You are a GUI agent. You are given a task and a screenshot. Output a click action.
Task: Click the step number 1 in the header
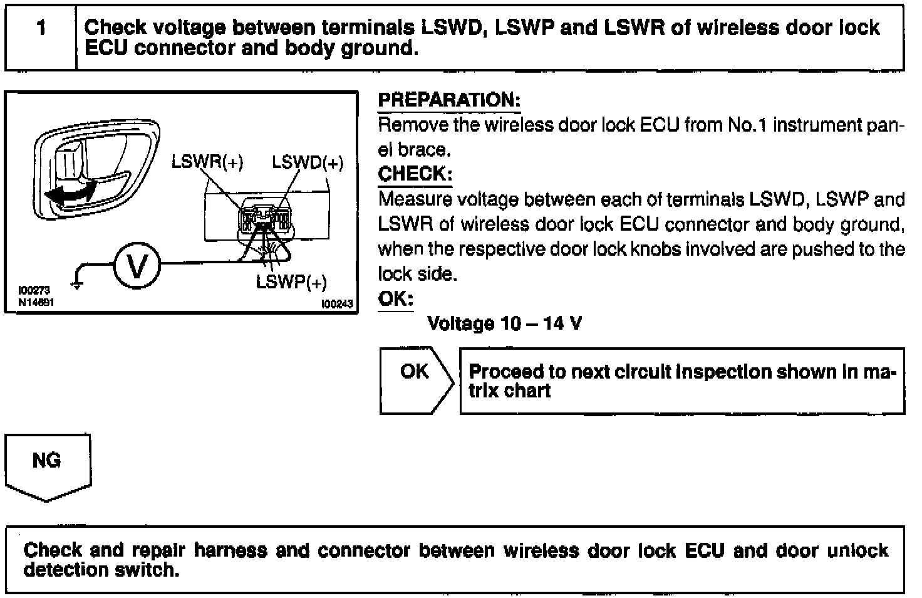(x=41, y=28)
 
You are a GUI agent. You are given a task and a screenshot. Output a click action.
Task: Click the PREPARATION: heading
(x=448, y=100)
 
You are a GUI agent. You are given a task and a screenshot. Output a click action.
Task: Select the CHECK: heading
(x=415, y=174)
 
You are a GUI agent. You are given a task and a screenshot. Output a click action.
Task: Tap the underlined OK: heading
(x=395, y=298)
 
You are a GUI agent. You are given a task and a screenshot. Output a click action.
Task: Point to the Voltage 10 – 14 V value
(x=504, y=323)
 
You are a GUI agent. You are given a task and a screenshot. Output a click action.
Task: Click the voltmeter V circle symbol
(x=137, y=266)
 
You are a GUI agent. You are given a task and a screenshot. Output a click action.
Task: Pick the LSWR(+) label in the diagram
(x=207, y=162)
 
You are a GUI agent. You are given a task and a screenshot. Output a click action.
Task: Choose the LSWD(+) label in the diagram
(x=308, y=163)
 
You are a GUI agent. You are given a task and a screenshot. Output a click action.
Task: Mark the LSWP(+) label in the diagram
(x=291, y=283)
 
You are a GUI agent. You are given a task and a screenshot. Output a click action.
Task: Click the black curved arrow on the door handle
(x=70, y=191)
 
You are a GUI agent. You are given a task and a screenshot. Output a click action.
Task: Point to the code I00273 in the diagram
(x=34, y=290)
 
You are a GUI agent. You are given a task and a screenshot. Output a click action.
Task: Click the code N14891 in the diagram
(x=38, y=302)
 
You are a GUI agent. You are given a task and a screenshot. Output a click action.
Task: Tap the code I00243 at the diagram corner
(x=337, y=305)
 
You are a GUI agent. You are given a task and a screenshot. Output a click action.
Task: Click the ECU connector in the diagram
(x=263, y=218)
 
